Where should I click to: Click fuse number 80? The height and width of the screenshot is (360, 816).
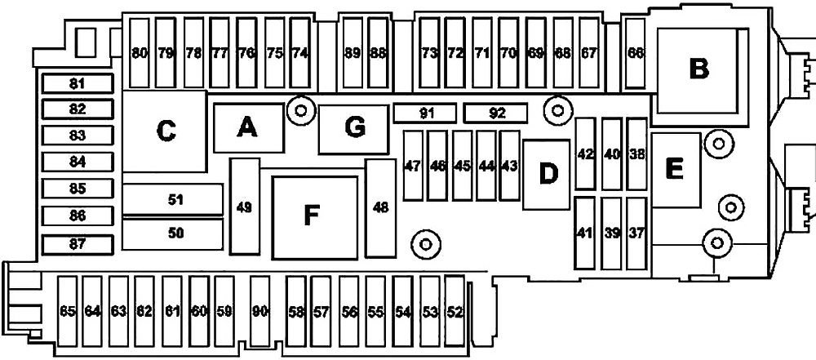(x=139, y=52)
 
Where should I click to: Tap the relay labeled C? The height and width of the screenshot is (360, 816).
(x=165, y=131)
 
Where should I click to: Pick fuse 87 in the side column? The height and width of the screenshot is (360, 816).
(x=78, y=244)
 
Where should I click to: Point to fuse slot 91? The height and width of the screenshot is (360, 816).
(x=424, y=113)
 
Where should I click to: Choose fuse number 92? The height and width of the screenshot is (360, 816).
(x=496, y=113)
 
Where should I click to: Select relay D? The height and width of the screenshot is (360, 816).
(x=547, y=175)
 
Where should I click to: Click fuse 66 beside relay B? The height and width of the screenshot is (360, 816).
(x=635, y=52)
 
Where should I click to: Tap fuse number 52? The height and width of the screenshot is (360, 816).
(x=455, y=312)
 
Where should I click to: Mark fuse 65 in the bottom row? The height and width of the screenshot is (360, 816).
(x=67, y=312)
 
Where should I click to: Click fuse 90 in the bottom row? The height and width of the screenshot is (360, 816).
(x=259, y=312)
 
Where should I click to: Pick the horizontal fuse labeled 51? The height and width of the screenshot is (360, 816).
(x=173, y=199)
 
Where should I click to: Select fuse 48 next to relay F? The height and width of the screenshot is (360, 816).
(x=380, y=208)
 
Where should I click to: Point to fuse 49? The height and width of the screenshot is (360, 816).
(x=245, y=207)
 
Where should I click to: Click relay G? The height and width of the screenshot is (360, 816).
(x=354, y=129)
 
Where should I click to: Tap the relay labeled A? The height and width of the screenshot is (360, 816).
(x=249, y=127)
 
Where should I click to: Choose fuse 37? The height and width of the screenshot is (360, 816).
(x=636, y=233)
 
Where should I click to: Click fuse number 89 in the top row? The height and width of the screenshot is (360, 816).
(x=353, y=52)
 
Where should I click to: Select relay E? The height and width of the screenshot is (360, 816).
(x=676, y=171)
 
